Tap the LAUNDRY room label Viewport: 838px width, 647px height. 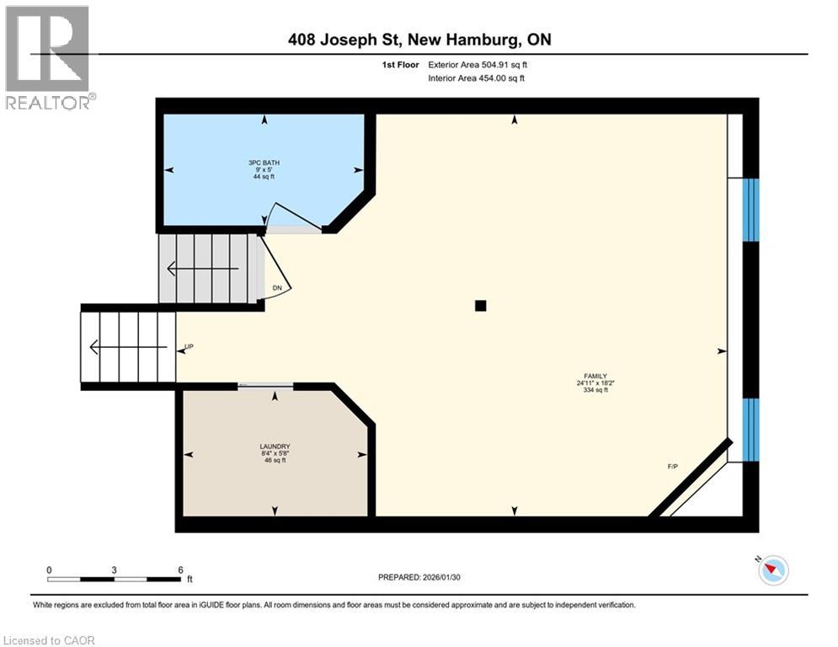coord(275,446)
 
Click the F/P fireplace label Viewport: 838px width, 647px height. coord(673,467)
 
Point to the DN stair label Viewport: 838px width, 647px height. coord(277,288)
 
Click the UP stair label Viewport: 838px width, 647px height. coord(189,347)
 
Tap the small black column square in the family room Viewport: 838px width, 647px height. coord(480,306)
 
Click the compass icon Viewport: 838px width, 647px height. coord(773,571)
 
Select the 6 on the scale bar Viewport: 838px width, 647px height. coord(180,569)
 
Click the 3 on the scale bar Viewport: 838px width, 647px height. coord(114,569)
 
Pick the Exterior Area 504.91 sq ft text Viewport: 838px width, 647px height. coord(478,64)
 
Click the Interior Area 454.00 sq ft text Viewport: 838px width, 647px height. coord(477,78)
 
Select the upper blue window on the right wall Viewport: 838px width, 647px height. coord(750,210)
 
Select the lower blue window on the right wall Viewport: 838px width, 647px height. coord(750,430)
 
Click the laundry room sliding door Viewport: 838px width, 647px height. coord(265,386)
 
